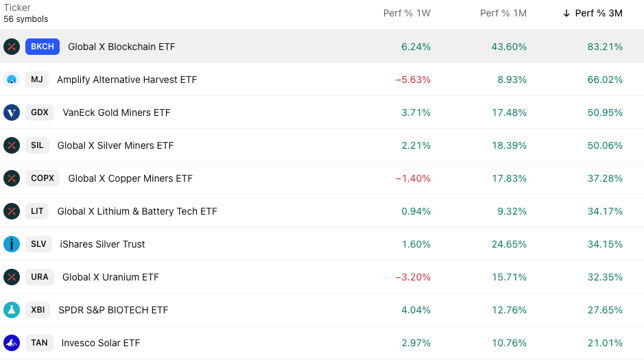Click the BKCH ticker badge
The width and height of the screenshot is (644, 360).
coord(43,47)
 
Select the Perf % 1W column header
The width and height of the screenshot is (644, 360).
coord(407,13)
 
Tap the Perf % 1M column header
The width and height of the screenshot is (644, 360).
coord(503,13)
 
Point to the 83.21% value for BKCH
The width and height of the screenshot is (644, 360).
coord(605,47)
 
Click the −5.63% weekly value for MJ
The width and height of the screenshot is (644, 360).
coord(413,80)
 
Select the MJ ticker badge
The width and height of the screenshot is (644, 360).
coord(37,80)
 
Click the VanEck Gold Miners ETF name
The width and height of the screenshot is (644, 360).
coord(116,112)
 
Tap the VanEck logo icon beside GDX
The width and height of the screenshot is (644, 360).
coord(12,112)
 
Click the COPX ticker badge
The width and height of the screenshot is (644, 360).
coord(43,178)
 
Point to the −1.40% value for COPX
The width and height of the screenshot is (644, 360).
coord(413,178)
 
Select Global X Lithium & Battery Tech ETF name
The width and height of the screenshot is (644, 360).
coord(137,211)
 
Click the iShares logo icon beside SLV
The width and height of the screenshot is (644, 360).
coord(12,244)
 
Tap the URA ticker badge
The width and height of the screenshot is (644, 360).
coord(40,277)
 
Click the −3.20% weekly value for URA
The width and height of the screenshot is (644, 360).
coord(413,277)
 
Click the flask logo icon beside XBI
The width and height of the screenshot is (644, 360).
coord(12,310)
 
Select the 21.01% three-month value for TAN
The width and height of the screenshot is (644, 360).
coord(605,343)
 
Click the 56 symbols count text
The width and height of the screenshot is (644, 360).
coord(26,19)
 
